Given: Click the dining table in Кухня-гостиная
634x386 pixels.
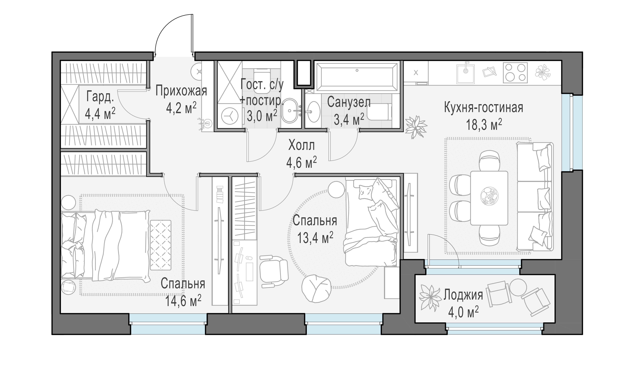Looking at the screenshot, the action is click(489, 198).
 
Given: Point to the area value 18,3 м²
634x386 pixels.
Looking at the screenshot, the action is click(484, 125).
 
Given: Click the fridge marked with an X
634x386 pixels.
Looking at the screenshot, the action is click(416, 73).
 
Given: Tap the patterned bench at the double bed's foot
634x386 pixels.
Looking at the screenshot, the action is click(161, 245).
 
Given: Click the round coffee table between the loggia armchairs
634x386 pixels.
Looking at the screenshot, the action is click(518, 287).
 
